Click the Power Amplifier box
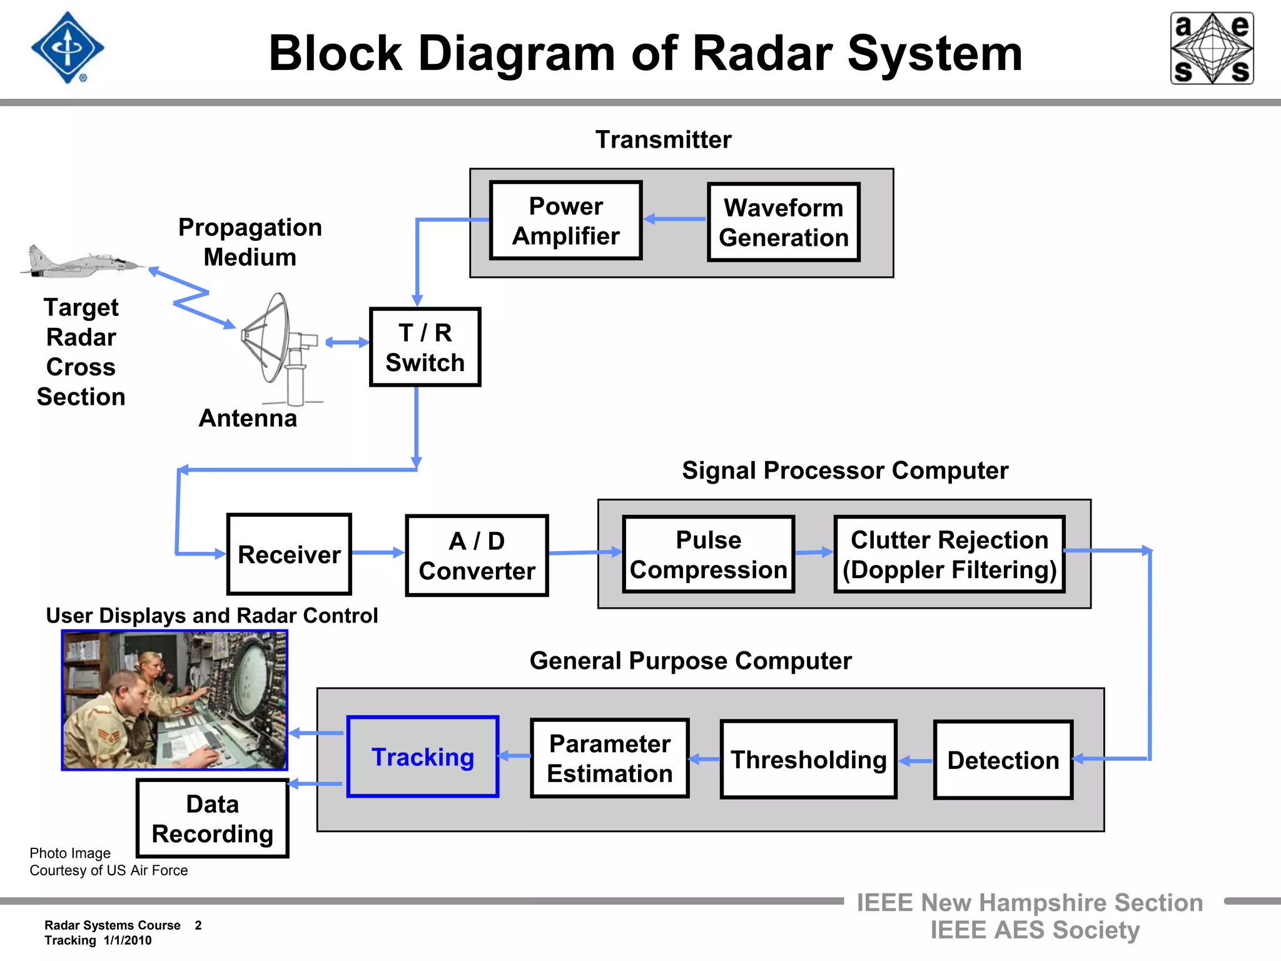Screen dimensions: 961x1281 pyautogui.click(x=566, y=220)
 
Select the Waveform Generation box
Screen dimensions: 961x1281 pyautogui.click(x=783, y=222)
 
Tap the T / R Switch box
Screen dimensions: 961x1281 pyautogui.click(x=425, y=347)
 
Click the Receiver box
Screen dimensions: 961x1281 pyautogui.click(x=289, y=554)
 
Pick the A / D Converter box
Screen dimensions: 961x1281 pyautogui.click(x=477, y=556)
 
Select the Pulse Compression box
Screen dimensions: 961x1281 pyautogui.click(x=708, y=554)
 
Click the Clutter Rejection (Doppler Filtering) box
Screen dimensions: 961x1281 pyautogui.click(x=949, y=554)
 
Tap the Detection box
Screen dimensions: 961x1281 pyautogui.click(x=1003, y=760)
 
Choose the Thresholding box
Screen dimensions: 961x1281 pyautogui.click(x=808, y=759)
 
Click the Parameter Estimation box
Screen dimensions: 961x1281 pyautogui.click(x=609, y=758)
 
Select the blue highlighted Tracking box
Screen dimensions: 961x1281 pyautogui.click(x=423, y=756)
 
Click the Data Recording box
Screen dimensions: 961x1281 pyautogui.click(x=213, y=818)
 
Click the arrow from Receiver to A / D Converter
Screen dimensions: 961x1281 pyautogui.click(x=378, y=552)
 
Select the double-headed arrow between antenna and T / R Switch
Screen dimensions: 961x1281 pyautogui.click(x=347, y=342)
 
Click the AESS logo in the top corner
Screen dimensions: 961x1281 pyautogui.click(x=1212, y=48)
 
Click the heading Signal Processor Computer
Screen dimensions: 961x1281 pyautogui.click(x=844, y=470)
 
